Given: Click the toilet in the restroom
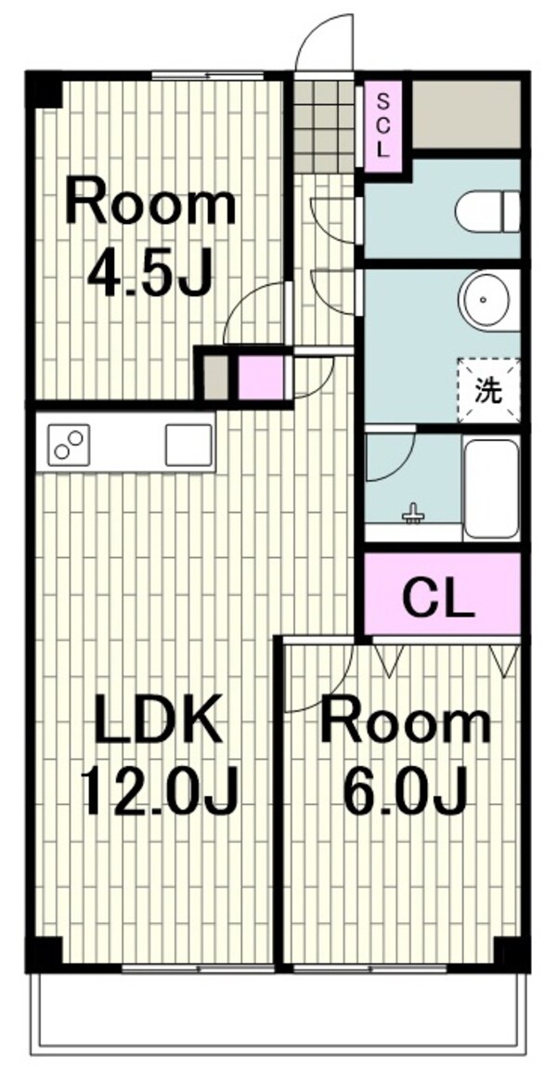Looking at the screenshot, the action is coord(487,212).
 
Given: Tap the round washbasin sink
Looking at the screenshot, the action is coord(489,300).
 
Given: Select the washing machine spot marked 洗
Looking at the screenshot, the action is coord(488,391).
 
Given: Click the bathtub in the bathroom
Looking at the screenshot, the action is coord(491,488).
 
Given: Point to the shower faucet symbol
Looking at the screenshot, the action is coord(413,514).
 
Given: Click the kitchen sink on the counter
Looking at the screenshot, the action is coord(188,445).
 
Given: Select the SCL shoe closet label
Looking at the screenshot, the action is coord(383,126).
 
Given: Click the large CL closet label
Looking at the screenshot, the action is coord(438,599).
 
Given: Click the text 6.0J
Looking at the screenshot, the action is coord(406,791).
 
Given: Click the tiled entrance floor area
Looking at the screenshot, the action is coord(324,126).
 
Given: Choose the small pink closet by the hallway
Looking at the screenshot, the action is coord(261,378).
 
